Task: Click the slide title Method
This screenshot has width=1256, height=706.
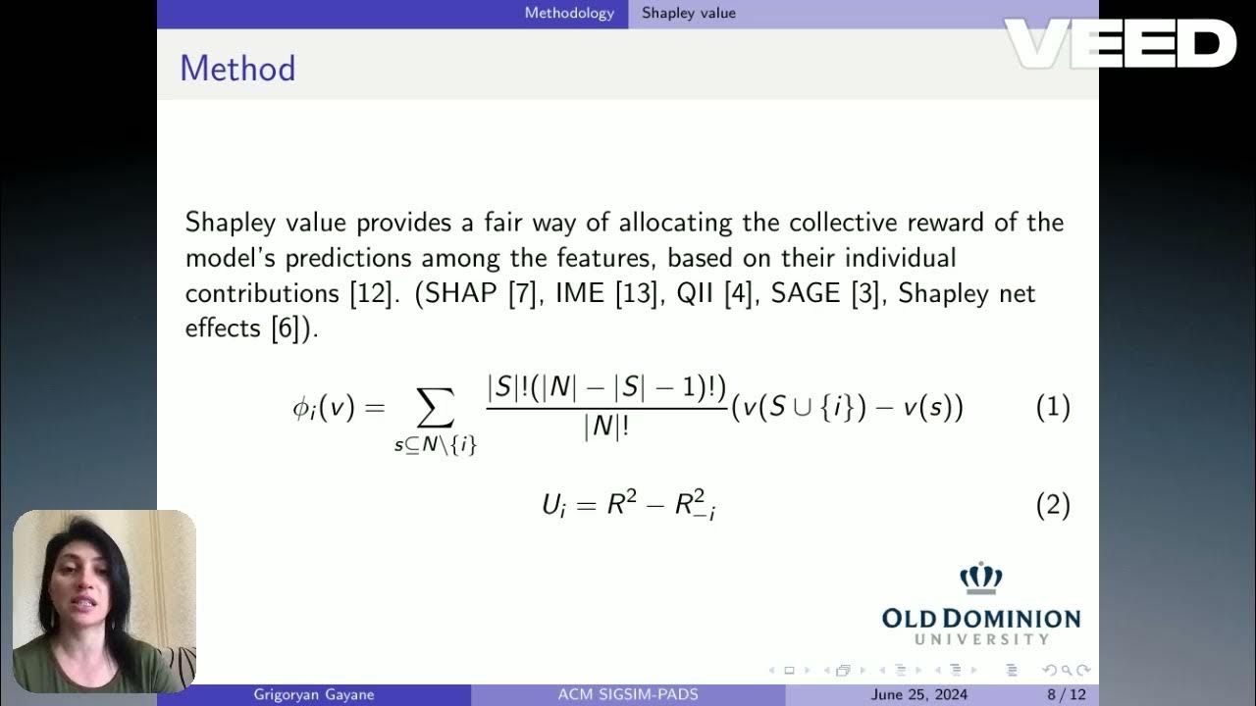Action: click(x=237, y=69)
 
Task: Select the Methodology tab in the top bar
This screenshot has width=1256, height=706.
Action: click(x=569, y=13)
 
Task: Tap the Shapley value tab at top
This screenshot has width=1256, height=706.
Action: click(x=688, y=13)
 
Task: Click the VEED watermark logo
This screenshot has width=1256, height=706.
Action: click(x=1119, y=44)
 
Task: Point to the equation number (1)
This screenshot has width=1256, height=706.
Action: click(x=1053, y=407)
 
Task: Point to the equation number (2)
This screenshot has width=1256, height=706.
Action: click(x=1053, y=506)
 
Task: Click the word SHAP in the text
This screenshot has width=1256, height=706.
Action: click(x=462, y=293)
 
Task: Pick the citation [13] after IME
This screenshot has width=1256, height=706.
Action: click(x=634, y=293)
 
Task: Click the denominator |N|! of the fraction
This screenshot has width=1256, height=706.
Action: click(x=605, y=429)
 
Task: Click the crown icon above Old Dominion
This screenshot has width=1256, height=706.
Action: click(x=980, y=579)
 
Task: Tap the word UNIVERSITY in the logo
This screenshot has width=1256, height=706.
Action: click(x=981, y=639)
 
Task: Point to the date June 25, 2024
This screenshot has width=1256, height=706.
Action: click(x=918, y=695)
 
